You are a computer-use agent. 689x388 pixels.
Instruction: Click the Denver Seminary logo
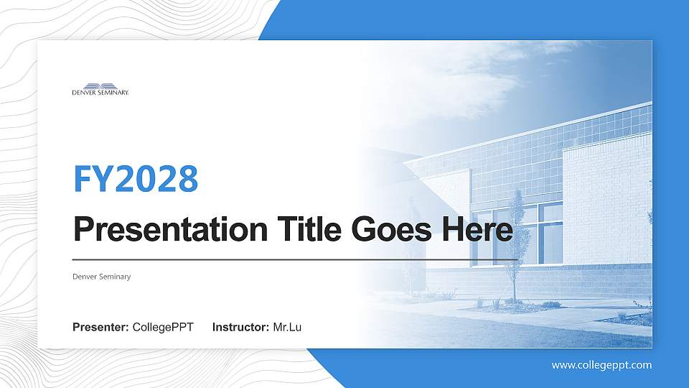point(100,89)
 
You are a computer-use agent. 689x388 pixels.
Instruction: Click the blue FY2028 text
point(136,179)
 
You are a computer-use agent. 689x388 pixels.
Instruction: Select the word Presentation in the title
point(171,230)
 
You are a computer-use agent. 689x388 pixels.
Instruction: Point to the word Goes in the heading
point(392,230)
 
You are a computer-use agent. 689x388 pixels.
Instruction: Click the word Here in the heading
point(477,230)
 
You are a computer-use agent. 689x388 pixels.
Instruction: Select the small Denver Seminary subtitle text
point(101,277)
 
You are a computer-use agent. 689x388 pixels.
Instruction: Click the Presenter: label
point(100,328)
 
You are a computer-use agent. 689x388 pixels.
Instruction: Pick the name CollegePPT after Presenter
point(163,328)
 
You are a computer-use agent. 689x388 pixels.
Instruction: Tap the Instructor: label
point(241,328)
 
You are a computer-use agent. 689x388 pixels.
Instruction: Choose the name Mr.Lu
point(287,328)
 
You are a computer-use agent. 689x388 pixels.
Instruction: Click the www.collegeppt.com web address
point(601,365)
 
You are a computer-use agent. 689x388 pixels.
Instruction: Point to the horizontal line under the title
point(295,260)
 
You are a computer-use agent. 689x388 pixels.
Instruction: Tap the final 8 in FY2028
point(189,179)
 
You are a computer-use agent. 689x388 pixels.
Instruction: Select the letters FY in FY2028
point(93,179)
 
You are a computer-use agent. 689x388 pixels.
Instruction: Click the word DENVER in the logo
point(84,93)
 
